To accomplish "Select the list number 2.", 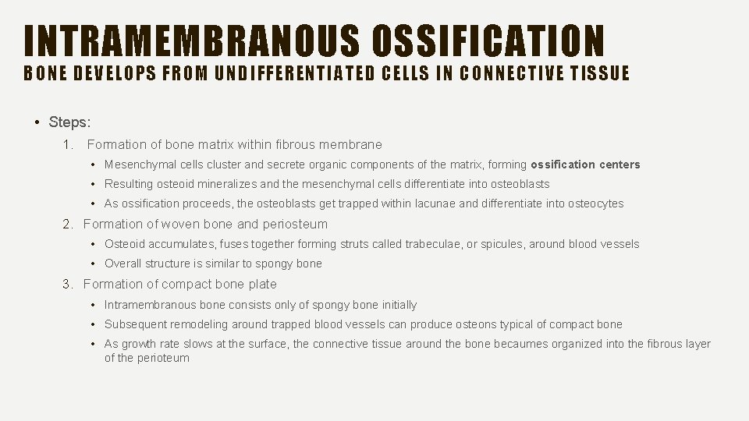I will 69,225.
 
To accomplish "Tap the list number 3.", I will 69,285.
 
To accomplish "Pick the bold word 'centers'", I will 620,165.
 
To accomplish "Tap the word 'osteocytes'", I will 597,204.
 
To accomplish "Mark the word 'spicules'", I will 503,245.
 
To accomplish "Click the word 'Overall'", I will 123,264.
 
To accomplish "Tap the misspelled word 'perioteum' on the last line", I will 163,359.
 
